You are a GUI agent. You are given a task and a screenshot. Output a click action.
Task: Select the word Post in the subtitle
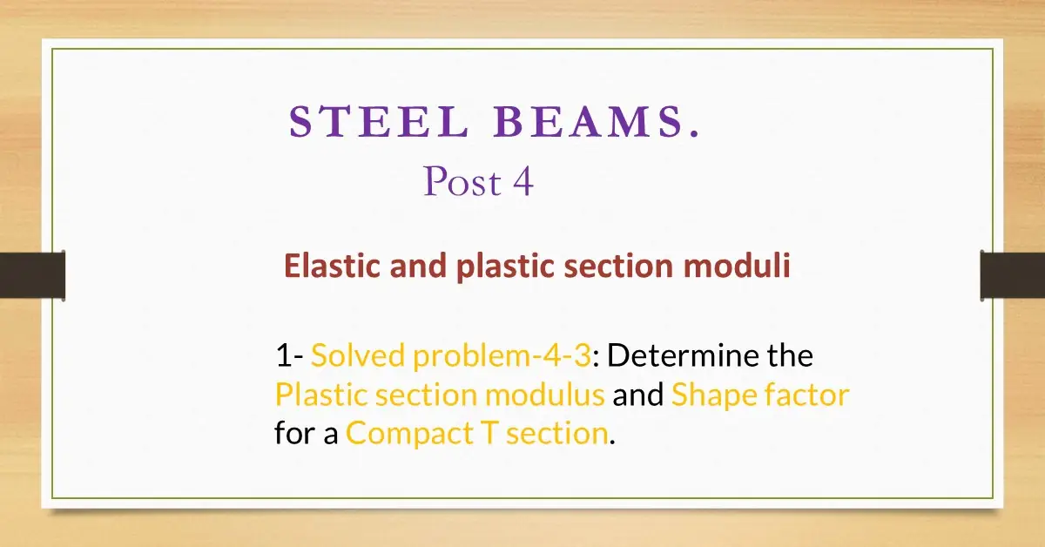pos(462,182)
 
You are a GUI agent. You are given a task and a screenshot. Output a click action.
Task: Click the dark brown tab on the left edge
pos(32,275)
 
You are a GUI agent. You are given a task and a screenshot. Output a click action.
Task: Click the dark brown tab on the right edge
pos(1012,275)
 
